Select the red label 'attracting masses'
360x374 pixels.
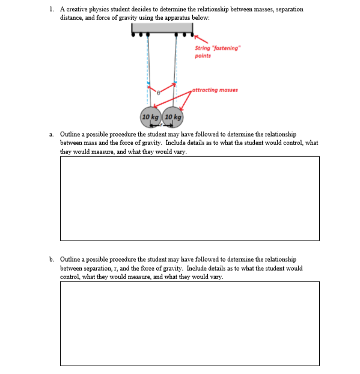[x=215, y=90]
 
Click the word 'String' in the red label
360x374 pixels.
[x=202, y=48]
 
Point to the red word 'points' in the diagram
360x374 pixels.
[x=202, y=55]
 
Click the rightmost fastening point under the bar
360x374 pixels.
[x=188, y=35]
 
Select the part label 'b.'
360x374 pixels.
[x=52, y=260]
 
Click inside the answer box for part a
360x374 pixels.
[x=189, y=198]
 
